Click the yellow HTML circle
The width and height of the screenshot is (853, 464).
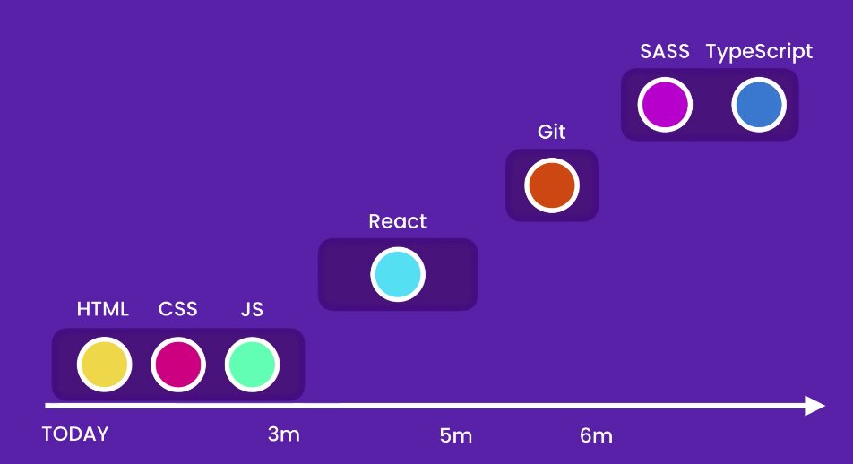pos(104,365)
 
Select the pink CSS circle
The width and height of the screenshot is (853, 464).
pos(178,365)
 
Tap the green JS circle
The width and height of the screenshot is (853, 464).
pos(252,365)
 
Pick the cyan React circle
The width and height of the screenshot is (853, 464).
pos(398,275)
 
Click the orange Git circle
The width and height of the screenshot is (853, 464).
pos(552,185)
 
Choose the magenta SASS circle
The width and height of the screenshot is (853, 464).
pos(665,105)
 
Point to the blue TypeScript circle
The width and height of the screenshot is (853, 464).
pos(759,105)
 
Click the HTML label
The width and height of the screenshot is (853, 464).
pos(103,310)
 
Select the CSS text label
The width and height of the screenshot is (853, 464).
pos(178,310)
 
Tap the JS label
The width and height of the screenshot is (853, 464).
pos(252,310)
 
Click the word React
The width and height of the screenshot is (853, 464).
pos(398,221)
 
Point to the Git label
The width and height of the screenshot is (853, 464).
pos(552,132)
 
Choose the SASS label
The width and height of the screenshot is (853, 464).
pos(665,51)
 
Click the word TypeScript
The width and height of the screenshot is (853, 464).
pos(760,52)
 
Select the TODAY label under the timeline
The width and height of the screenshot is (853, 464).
pos(75,434)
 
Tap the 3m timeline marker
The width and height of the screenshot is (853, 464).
pos(283,434)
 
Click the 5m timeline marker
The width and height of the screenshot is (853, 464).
pos(455,436)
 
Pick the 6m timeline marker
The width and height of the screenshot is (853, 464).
pos(596,436)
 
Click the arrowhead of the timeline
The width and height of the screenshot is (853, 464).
pos(814,406)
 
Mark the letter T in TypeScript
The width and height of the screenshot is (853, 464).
pos(712,51)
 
